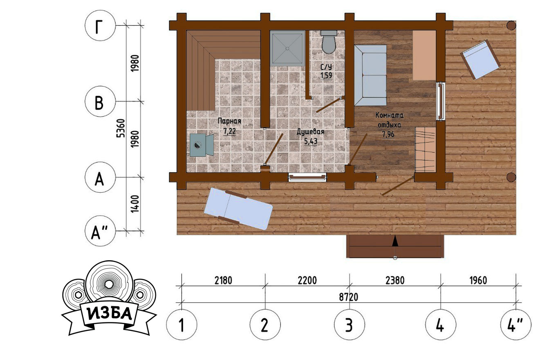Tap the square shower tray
(287, 48)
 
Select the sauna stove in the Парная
(202, 145)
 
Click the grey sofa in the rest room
(370, 75)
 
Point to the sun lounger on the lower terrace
(238, 209)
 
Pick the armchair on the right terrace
(480, 60)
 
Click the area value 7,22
(229, 131)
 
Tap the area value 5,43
(311, 142)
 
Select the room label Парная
(229, 121)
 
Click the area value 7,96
(388, 135)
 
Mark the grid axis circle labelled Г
(100, 26)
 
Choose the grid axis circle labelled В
(100, 101)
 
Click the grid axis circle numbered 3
(350, 324)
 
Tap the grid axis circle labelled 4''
(516, 324)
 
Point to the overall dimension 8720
(348, 297)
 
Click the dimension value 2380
(395, 281)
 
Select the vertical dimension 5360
(121, 128)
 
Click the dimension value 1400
(135, 204)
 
